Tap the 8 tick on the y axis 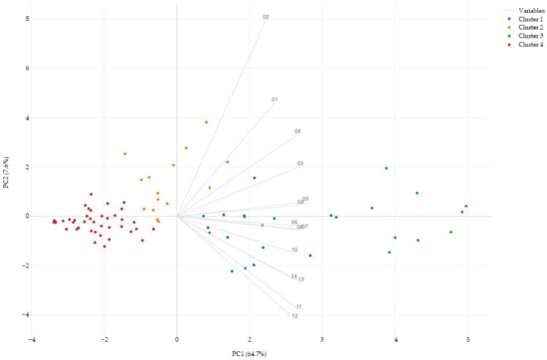[28, 19]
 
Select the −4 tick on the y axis [27, 314]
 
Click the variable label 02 [266, 17]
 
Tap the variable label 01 [273, 99]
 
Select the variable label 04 [297, 131]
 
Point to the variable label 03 [299, 163]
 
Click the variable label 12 [294, 315]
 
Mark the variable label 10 [294, 250]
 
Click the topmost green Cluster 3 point [386, 168]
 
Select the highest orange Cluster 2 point [206, 122]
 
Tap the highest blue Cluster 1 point [254, 178]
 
